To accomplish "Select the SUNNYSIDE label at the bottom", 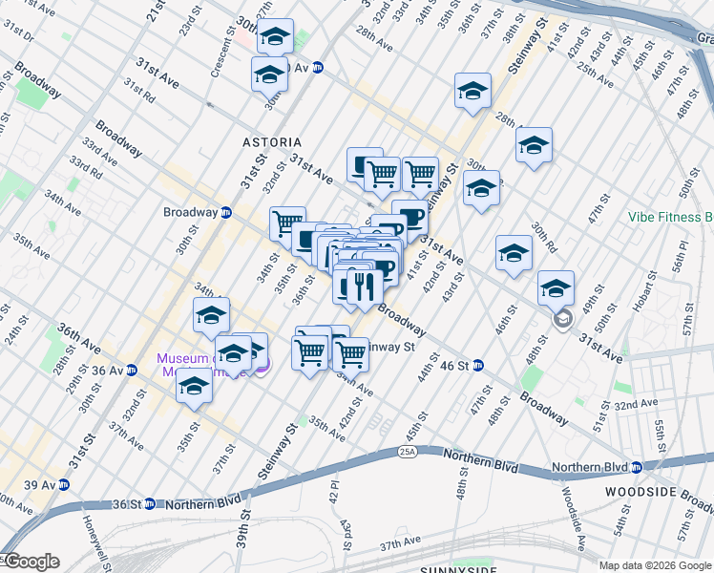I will tap(458, 569).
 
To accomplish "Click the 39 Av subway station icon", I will tap(64, 485).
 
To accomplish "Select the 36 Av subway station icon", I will tap(131, 371).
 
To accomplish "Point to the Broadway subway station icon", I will tap(226, 212).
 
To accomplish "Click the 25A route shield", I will tap(409, 451).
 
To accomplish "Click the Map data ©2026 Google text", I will tap(655, 565).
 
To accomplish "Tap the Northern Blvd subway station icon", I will tap(636, 467).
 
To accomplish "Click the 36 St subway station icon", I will tap(150, 503).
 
